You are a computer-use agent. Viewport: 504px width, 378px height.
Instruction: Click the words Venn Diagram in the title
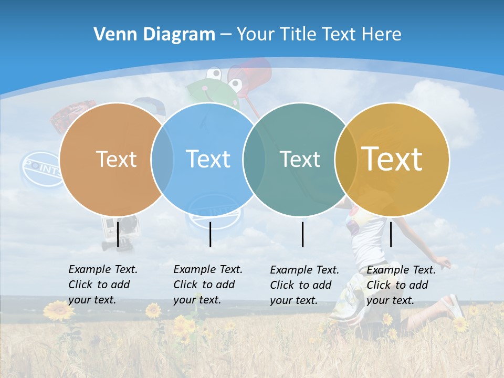click(154, 35)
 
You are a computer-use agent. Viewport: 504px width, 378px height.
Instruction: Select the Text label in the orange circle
click(116, 159)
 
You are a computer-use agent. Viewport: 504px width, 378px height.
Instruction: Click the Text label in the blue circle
click(208, 159)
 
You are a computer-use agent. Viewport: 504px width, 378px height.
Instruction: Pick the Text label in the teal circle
click(300, 159)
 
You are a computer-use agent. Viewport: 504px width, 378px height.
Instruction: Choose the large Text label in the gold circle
click(392, 159)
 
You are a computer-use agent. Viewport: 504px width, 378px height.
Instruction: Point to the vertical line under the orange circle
click(118, 234)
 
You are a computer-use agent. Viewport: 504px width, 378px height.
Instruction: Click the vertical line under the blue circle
click(210, 234)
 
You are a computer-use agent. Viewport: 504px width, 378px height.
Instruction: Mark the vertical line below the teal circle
click(303, 234)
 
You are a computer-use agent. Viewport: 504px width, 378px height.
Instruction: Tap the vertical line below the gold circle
click(391, 234)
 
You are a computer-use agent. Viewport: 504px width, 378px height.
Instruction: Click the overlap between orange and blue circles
click(162, 159)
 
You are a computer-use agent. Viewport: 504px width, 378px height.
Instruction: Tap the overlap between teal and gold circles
click(346, 159)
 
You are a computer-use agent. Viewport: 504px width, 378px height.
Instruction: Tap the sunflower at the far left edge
click(58, 311)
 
